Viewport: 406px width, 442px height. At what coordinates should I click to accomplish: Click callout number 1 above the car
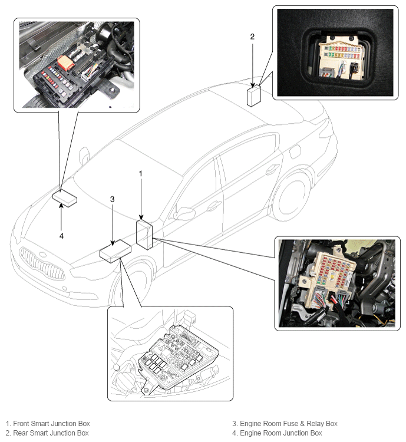tap(141, 174)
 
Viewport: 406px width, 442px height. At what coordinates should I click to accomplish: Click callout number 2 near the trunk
tap(252, 37)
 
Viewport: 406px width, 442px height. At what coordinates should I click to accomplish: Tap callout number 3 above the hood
tap(112, 199)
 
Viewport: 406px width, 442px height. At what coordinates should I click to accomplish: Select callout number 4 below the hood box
tap(61, 236)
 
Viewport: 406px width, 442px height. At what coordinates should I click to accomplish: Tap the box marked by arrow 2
tap(254, 96)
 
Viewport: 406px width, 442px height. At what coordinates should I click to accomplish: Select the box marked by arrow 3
tap(115, 251)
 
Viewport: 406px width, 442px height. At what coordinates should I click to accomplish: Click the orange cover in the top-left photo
tap(66, 62)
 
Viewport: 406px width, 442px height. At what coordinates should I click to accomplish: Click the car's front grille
tap(41, 263)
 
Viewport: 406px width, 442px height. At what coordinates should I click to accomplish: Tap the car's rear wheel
tap(292, 194)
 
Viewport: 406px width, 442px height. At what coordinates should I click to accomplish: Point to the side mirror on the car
tap(184, 213)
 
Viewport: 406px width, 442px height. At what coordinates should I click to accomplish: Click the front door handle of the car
tap(213, 205)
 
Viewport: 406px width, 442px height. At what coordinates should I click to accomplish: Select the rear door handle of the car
tap(271, 169)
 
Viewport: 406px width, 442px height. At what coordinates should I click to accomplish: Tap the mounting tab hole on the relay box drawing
tap(146, 390)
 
